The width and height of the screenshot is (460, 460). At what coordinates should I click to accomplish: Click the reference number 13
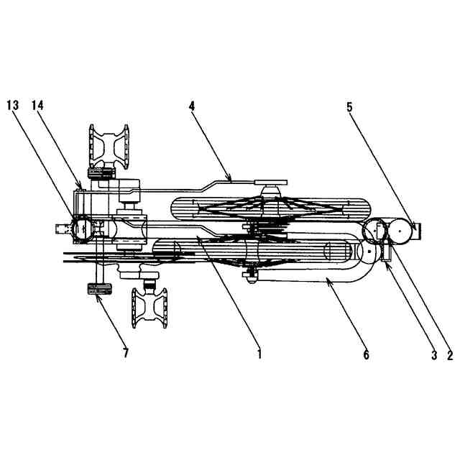(12, 105)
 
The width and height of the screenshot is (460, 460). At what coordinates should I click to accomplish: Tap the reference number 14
(37, 105)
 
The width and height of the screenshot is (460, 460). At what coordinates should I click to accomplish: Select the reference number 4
(192, 105)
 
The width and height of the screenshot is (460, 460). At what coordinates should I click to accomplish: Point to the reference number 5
(349, 107)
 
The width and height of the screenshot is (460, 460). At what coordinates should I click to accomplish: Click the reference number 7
(126, 353)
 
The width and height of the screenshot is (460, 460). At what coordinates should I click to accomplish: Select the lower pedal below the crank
(149, 307)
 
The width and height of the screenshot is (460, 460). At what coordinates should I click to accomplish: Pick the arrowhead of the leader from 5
(415, 229)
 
